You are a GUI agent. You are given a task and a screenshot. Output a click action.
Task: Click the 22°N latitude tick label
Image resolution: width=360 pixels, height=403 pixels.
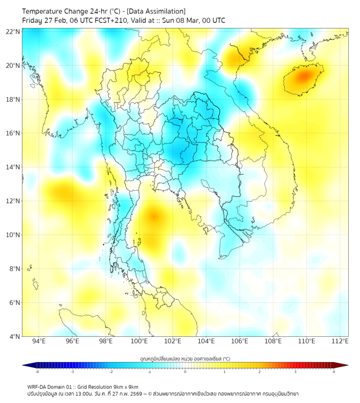(x=13, y=31)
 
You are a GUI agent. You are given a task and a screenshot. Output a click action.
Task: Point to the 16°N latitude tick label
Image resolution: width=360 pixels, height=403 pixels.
(x=13, y=133)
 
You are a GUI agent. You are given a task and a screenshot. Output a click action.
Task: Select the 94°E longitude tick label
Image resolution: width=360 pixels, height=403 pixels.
(x=39, y=341)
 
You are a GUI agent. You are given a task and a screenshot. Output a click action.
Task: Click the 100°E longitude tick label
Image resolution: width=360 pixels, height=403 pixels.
(x=139, y=341)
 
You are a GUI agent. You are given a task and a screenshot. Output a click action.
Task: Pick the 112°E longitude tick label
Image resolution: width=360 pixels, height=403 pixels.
(x=340, y=341)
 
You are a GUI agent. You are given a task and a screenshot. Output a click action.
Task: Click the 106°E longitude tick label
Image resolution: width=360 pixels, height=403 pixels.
(x=240, y=341)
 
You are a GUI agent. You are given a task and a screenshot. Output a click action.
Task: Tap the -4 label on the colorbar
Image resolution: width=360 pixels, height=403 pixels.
(x=37, y=372)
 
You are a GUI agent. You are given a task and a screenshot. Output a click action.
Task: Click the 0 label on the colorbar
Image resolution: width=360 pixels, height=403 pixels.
(x=185, y=372)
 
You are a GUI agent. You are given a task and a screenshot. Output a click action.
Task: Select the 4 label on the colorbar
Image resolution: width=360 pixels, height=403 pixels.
(x=334, y=372)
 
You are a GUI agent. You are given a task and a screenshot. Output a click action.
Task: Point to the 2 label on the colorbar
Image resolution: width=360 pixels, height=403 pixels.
(x=259, y=372)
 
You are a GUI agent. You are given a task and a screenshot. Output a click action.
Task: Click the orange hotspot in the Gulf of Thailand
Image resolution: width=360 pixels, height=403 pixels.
(x=154, y=216)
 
